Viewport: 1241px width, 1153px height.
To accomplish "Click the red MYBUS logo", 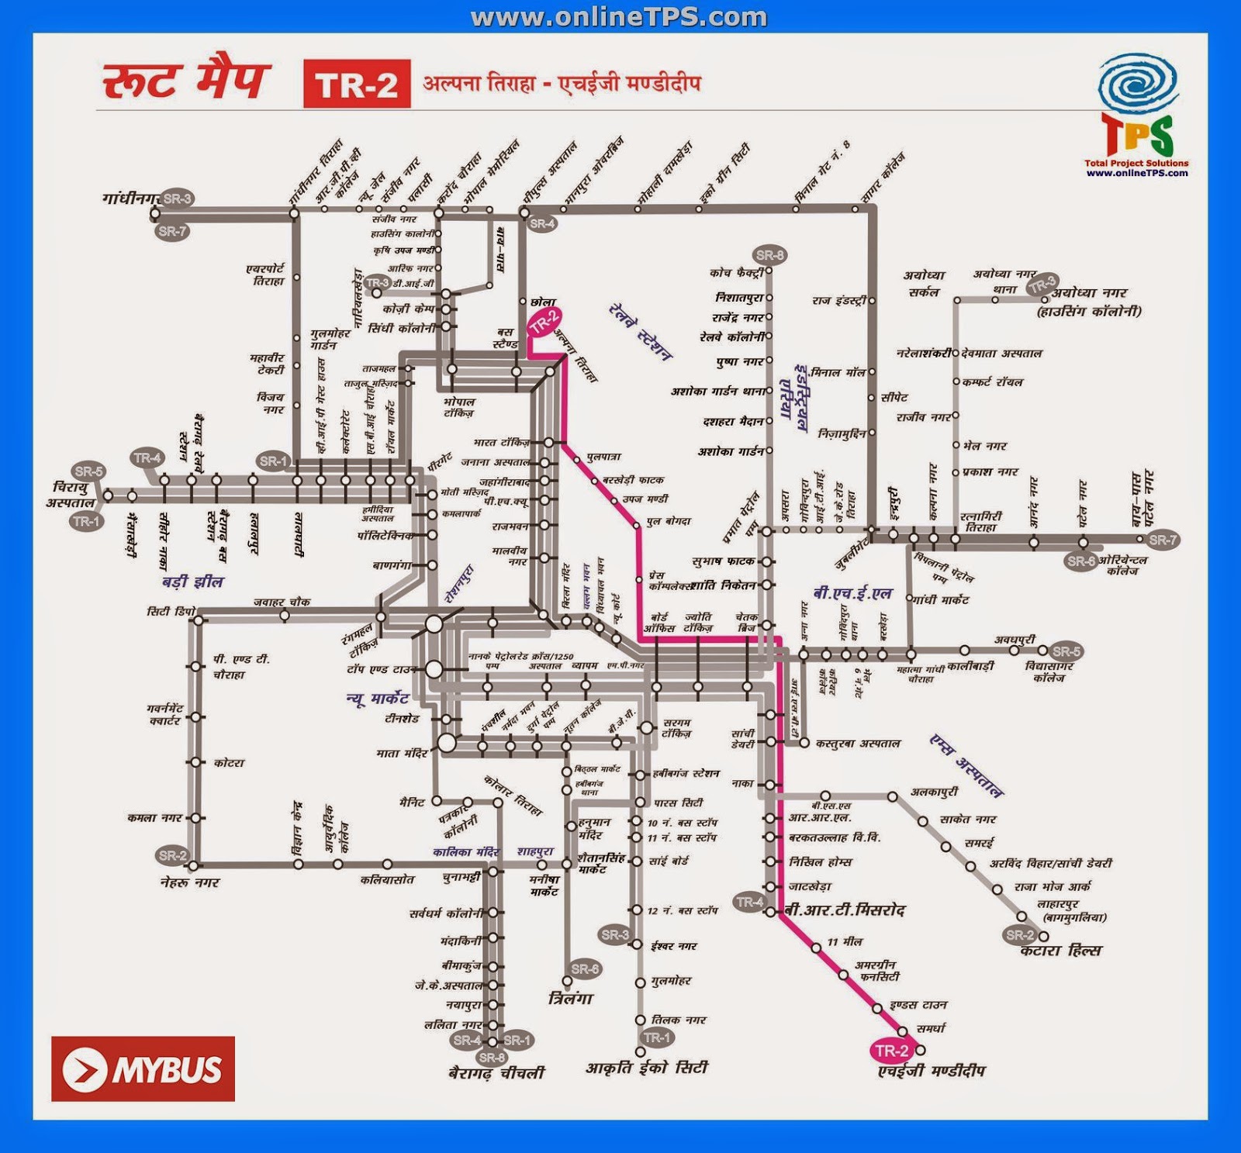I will coord(143,1068).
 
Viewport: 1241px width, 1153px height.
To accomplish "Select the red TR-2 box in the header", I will coord(357,84).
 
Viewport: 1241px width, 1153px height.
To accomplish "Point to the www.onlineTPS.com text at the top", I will coord(618,17).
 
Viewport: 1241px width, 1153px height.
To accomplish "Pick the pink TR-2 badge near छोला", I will coord(544,321).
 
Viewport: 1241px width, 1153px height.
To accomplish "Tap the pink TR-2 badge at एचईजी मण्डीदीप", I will coord(891,1051).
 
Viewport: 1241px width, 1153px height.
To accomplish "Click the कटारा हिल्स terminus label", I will coord(1060,951).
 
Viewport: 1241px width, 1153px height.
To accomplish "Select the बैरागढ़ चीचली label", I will coord(496,1073).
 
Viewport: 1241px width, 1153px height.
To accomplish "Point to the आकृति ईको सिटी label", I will coord(647,1068).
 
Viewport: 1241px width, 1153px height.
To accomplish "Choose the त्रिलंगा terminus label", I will coord(570,999).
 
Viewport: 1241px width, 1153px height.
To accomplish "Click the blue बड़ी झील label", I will coord(192,582).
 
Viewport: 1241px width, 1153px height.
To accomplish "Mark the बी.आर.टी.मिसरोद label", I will coord(844,910).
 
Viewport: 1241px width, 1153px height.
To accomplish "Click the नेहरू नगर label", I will coord(190,882).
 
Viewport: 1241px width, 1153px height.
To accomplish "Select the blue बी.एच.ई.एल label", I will coord(852,594).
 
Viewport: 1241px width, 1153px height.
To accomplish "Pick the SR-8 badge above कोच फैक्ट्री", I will coord(769,254).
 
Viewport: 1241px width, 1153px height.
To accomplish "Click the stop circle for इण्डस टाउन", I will coord(877,1008).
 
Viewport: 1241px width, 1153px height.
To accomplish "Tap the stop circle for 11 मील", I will coord(816,948).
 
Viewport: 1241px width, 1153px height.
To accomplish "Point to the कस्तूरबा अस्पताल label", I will coord(858,743).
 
